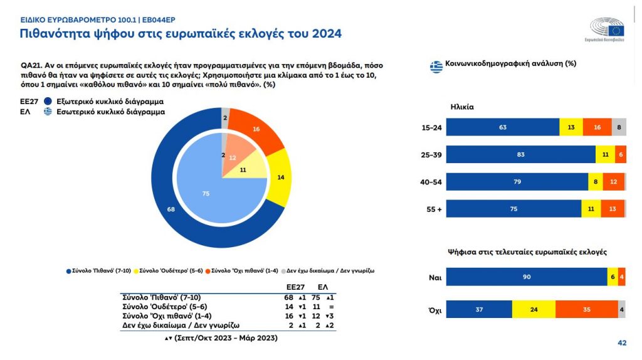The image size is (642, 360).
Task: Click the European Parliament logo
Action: (x=607, y=29)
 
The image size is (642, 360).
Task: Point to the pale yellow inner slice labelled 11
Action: (x=243, y=170)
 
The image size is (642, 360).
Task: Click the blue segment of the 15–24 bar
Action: (x=502, y=127)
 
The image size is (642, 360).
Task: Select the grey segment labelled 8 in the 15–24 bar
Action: (x=619, y=127)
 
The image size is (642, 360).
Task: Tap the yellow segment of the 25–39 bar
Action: (x=605, y=154)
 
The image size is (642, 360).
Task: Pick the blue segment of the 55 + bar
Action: (x=513, y=209)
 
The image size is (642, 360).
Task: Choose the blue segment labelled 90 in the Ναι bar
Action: (x=526, y=277)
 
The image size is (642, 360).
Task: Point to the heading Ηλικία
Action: (x=462, y=107)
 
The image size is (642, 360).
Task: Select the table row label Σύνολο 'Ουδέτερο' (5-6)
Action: (x=162, y=307)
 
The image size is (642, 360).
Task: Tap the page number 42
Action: (x=622, y=342)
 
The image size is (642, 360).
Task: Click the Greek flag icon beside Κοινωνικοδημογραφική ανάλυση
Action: (x=436, y=65)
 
